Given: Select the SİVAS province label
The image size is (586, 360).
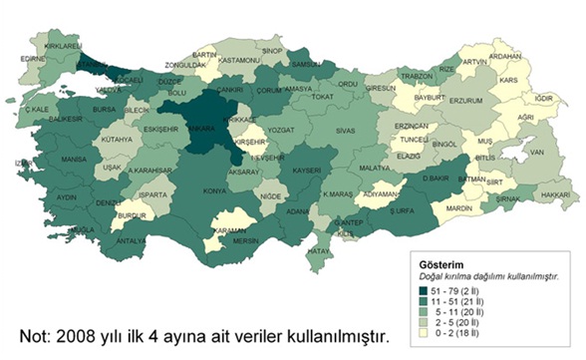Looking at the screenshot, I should (345, 131).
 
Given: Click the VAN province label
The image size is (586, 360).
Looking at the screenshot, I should (536, 153).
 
